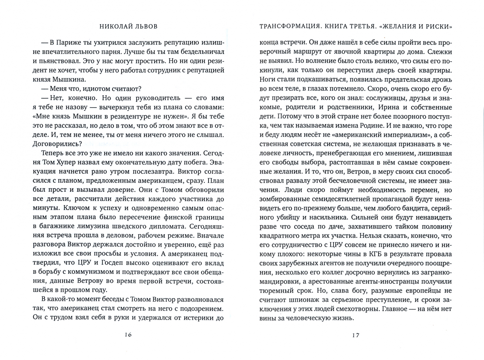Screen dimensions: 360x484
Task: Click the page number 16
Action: (x=128, y=335)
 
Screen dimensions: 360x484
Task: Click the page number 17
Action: (x=356, y=335)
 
